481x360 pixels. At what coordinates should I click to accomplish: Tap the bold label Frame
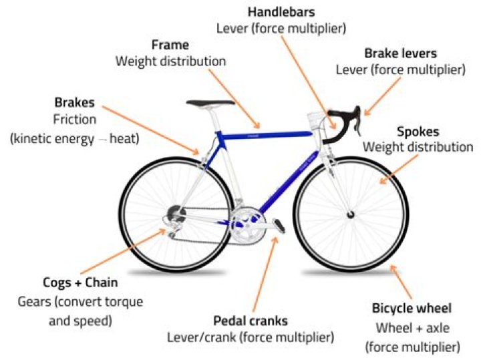click(x=170, y=45)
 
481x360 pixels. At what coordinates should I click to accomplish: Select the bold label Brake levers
click(x=400, y=53)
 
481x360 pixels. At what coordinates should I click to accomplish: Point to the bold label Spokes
click(x=418, y=132)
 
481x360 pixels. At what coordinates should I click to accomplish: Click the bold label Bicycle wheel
click(x=412, y=309)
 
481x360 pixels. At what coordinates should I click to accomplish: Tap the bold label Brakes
click(x=75, y=104)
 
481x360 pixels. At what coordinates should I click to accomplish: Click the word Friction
click(x=75, y=120)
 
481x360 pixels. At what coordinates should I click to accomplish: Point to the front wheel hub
click(x=350, y=215)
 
